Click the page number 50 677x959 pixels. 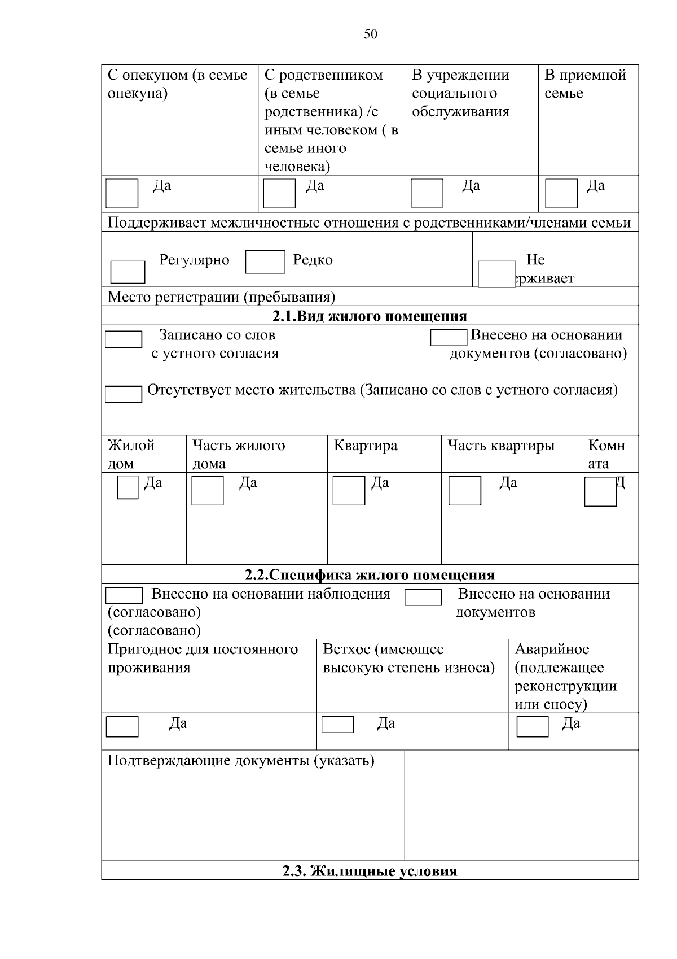[x=371, y=34]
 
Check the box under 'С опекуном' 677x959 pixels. [x=122, y=194]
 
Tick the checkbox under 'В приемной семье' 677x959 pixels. [x=561, y=194]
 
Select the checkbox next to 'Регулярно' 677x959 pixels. [x=128, y=272]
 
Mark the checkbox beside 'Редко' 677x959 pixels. [x=265, y=262]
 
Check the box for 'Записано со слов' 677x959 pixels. [x=124, y=339]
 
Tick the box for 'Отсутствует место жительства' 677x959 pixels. [x=124, y=394]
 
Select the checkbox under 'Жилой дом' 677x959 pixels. [x=128, y=487]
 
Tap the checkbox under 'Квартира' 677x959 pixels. [x=349, y=490]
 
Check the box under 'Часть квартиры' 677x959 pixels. [x=465, y=490]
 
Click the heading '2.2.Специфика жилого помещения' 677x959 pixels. [x=370, y=575]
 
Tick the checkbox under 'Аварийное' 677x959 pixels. [x=533, y=726]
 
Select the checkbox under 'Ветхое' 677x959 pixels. [x=337, y=725]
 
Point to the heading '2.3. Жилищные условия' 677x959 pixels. [x=370, y=871]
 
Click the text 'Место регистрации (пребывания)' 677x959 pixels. [x=221, y=297]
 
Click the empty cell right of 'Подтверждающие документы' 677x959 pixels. [x=521, y=805]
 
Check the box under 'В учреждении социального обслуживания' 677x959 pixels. [x=427, y=194]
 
